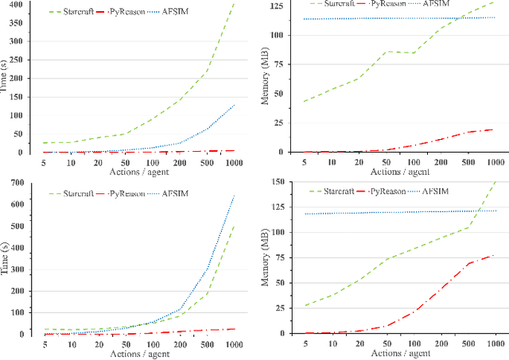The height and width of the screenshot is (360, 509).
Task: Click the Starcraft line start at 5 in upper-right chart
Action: (302, 102)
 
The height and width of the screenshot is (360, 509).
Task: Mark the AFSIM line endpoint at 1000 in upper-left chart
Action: (234, 104)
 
